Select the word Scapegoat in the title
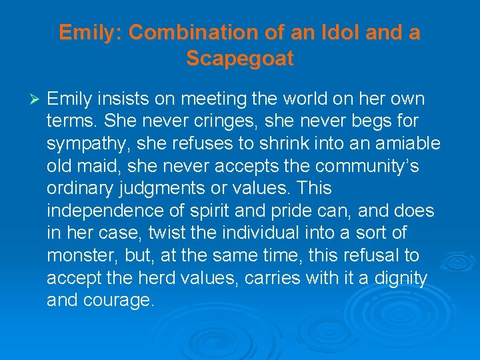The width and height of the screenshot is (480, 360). click(x=239, y=59)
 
